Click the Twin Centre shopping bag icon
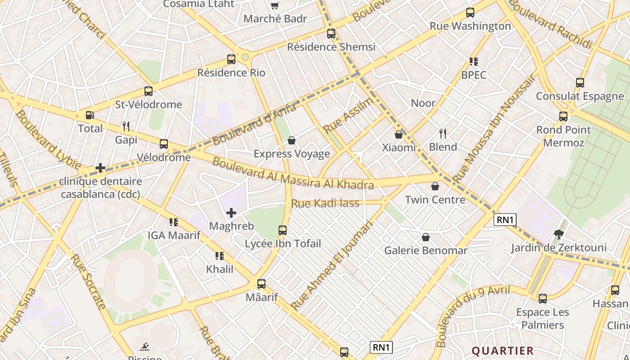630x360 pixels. (x=435, y=186)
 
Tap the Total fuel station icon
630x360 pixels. (x=90, y=116)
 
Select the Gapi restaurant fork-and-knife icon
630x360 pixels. (x=126, y=126)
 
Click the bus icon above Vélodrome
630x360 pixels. (x=164, y=144)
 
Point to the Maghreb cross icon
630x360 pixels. (x=231, y=213)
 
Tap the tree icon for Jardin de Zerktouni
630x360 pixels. (x=559, y=234)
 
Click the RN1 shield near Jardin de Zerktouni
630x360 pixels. (x=505, y=220)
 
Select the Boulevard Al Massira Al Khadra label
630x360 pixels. (x=292, y=174)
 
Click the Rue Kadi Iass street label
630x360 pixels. (x=325, y=203)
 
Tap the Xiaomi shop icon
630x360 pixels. (x=399, y=134)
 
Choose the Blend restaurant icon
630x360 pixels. (x=443, y=133)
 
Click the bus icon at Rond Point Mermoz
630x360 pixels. (x=563, y=117)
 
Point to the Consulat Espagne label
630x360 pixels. (x=580, y=96)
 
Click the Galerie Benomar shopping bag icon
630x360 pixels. (x=426, y=237)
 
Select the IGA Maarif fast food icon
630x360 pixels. (x=174, y=222)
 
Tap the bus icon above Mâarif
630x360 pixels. (x=261, y=284)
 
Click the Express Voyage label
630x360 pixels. (x=292, y=154)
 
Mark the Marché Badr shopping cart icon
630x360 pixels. (x=274, y=6)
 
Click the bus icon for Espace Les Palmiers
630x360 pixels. (x=543, y=298)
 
